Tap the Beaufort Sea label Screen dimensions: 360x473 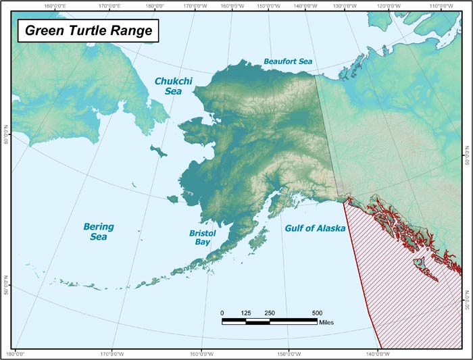[x=289, y=61]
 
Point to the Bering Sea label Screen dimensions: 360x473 [x=99, y=232]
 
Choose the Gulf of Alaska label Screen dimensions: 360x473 [x=314, y=229]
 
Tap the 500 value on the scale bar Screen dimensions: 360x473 [x=317, y=313]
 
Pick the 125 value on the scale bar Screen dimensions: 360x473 [x=246, y=313]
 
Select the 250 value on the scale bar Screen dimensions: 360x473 [x=270, y=313]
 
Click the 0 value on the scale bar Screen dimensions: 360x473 [x=222, y=313]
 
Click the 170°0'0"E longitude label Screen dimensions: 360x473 [x=105, y=6]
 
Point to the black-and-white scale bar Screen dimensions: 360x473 [x=270, y=322]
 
